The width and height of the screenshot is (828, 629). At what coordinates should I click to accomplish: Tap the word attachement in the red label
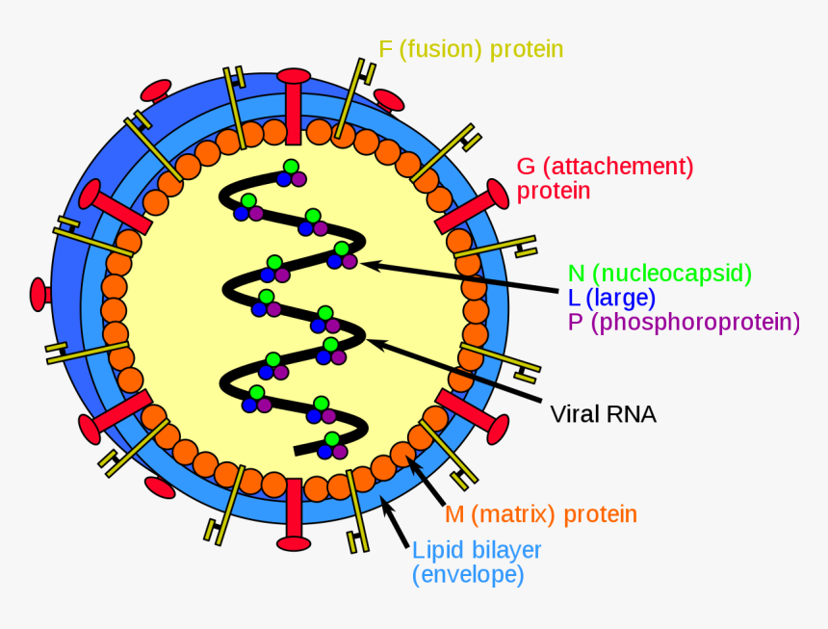616,167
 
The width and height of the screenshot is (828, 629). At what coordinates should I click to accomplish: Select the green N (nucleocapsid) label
660,274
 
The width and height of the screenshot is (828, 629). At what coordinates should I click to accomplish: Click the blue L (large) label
611,298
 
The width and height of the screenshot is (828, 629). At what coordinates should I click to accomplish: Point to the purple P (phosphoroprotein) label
684,323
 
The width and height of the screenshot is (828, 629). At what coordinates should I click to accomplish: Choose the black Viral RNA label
603,414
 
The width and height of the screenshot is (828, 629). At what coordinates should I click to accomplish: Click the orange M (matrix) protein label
540,514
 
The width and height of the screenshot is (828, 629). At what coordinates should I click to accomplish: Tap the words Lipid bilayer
477,551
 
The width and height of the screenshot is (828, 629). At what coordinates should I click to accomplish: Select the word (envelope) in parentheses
468,576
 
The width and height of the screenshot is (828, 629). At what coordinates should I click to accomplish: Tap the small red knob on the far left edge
39,294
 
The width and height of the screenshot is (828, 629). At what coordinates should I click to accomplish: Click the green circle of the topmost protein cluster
290,167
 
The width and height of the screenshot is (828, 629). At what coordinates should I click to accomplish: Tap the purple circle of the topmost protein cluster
298,178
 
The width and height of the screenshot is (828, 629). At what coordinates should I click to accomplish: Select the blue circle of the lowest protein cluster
326,451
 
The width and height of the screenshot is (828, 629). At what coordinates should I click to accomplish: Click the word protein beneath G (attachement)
554,191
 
